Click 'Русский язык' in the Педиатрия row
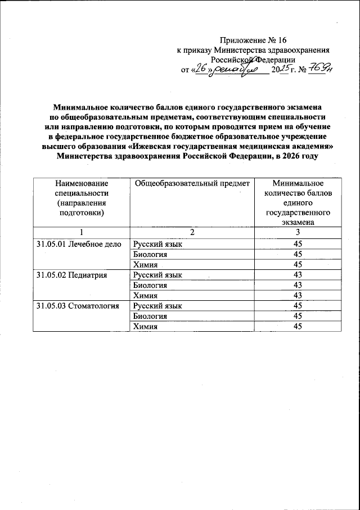pyautogui.click(x=157, y=275)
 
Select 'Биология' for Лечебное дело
pyautogui.click(x=150, y=254)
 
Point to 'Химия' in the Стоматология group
pyautogui.click(x=145, y=327)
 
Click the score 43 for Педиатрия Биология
pyautogui.click(x=298, y=285)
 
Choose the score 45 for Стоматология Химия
pyautogui.click(x=298, y=327)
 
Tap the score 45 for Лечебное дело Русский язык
pyautogui.click(x=298, y=244)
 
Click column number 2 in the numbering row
pyautogui.click(x=192, y=232)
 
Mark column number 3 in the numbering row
pyautogui.click(x=298, y=232)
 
